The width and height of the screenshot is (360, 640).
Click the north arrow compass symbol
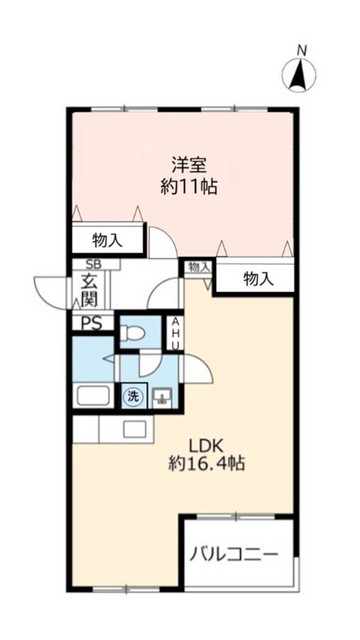pos(299,73)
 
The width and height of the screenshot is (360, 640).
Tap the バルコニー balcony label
pos(236,554)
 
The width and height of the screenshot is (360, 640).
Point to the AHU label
pos(175,333)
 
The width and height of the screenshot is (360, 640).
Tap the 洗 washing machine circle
pos(131,397)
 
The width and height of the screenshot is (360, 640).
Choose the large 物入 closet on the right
pos(258,280)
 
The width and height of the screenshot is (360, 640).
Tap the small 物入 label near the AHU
pos(198,266)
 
